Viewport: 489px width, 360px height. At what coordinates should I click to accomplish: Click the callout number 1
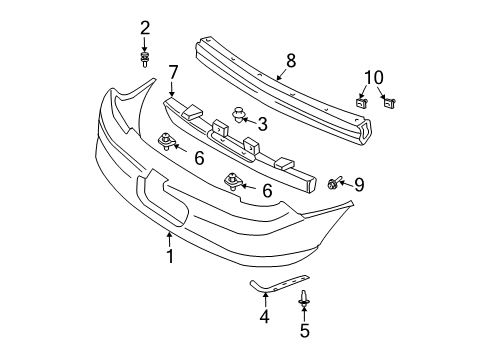pos(170,256)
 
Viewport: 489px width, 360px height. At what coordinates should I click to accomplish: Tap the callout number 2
pos(145,27)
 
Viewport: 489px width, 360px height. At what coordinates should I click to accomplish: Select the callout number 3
pos(263,124)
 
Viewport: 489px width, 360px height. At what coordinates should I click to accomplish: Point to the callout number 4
pos(265,318)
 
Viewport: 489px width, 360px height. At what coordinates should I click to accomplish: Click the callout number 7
pos(173,72)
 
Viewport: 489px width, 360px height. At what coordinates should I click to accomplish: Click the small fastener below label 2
pos(145,60)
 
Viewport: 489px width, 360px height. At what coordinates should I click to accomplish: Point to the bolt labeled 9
pos(334,183)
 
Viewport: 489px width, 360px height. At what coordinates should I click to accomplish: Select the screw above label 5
pos(304,295)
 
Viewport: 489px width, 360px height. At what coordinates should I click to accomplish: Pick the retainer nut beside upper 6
pos(166,143)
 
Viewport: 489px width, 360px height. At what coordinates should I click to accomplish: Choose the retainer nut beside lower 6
pos(233,181)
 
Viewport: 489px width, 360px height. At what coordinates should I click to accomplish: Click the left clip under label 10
pos(362,101)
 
